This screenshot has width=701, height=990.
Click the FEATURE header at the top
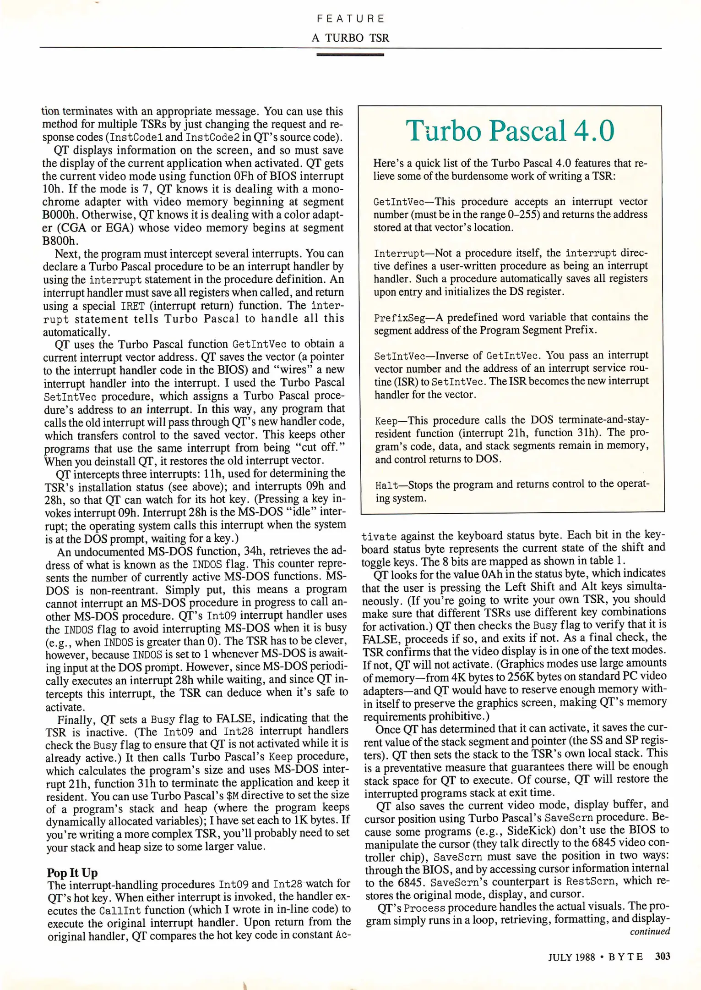click(x=350, y=19)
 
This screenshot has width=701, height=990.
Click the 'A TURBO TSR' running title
click(x=350, y=38)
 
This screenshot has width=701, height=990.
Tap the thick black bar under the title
click(x=350, y=55)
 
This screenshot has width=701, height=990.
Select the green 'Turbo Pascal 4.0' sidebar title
click(x=510, y=131)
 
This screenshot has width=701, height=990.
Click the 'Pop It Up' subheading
click(x=72, y=872)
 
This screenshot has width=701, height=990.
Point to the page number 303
click(x=663, y=956)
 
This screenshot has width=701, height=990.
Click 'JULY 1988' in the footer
click(x=571, y=957)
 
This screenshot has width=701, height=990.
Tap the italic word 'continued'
click(x=650, y=931)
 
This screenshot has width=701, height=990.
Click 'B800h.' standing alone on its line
click(x=60, y=241)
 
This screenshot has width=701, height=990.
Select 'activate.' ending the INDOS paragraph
click(x=65, y=707)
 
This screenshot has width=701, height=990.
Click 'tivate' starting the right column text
click(x=379, y=537)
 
